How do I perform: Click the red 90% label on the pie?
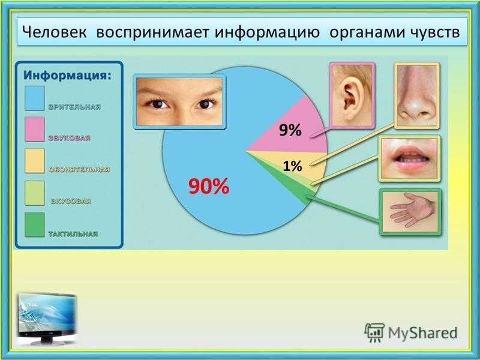[209, 186]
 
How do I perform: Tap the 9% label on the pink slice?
[290, 130]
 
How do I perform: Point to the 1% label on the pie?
[292, 166]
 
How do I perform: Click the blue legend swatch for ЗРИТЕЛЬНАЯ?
[35, 98]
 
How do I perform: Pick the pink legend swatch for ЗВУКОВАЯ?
[35, 129]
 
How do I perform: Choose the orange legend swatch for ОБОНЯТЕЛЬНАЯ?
[35, 161]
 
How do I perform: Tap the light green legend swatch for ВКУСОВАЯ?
[35, 193]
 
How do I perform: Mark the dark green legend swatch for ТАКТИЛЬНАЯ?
[35, 224]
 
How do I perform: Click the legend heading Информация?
[68, 75]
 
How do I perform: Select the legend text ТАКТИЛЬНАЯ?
[73, 234]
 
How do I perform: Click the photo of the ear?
[352, 95]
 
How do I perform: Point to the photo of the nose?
[417, 96]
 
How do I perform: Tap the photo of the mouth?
[410, 158]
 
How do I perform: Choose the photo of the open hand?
[410, 212]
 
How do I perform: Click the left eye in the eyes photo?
[158, 103]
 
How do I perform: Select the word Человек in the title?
[55, 32]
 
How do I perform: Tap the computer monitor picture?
[47, 318]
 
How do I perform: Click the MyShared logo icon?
[374, 332]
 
